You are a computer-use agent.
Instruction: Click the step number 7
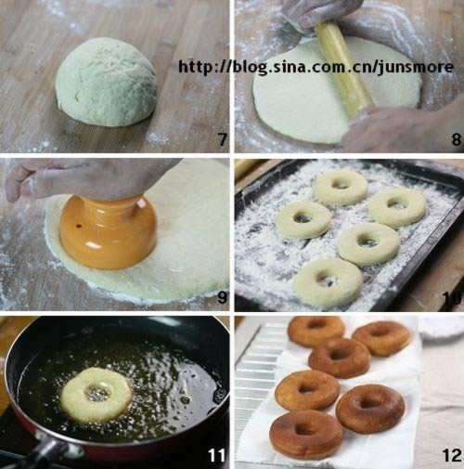(x=223, y=139)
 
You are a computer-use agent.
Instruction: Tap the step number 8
(x=456, y=139)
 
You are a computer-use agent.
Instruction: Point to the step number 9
(x=222, y=297)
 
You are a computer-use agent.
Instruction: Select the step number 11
(x=216, y=455)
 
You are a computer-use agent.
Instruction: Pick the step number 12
(x=452, y=455)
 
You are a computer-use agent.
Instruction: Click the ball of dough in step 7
(x=106, y=82)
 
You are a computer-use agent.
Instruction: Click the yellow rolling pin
(x=342, y=69)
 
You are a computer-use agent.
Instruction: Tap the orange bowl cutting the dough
(x=109, y=232)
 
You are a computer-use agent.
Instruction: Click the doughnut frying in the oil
(x=97, y=395)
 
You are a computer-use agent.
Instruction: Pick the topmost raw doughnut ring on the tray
(x=342, y=188)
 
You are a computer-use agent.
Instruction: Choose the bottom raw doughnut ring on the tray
(x=328, y=282)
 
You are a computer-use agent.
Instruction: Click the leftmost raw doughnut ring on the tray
(x=303, y=219)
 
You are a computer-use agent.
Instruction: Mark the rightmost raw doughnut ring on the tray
(x=397, y=207)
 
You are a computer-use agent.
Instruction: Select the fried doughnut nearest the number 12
(x=370, y=409)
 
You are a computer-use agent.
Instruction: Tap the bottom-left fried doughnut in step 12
(x=306, y=435)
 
